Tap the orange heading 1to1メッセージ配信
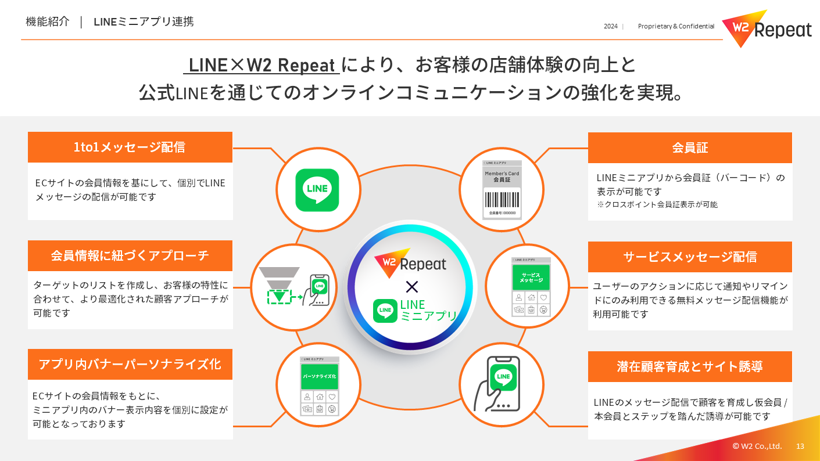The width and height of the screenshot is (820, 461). click(130, 147)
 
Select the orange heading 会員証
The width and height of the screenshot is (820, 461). click(690, 148)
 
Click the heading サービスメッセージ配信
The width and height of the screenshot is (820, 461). click(690, 257)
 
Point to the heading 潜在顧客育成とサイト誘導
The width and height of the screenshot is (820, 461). click(690, 366)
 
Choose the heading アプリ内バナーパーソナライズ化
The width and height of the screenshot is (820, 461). click(130, 364)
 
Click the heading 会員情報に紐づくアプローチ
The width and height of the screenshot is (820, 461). click(130, 255)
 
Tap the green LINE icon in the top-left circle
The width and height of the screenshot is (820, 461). click(317, 190)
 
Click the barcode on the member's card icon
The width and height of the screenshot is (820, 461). click(502, 199)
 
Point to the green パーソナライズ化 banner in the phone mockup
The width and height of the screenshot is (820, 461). click(319, 376)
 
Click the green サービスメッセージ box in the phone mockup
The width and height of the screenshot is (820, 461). click(531, 277)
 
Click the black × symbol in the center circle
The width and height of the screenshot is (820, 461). click(411, 286)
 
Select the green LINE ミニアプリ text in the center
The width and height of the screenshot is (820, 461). click(428, 311)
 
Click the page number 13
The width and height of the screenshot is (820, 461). click(800, 446)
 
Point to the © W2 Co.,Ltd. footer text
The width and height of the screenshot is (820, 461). click(757, 446)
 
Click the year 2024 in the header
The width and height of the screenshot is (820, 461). click(610, 26)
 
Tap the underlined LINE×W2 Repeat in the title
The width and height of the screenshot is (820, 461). click(262, 65)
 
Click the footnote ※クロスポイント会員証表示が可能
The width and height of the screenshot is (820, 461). click(657, 204)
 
